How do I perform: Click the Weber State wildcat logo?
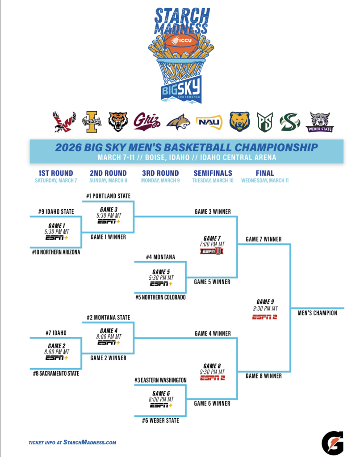coord(319,122)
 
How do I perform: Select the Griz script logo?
coord(146,121)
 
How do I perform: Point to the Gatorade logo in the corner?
coord(332,442)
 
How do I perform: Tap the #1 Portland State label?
coord(109,196)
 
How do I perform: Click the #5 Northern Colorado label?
coord(160,298)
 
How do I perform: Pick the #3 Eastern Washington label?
coord(160,380)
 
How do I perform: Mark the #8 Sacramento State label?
coord(56,373)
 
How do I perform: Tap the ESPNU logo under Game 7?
coord(211,251)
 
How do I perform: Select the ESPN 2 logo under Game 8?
coord(212,378)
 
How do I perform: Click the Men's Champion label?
coord(317,313)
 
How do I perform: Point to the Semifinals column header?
coord(213,173)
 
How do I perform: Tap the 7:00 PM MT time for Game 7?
coord(212,244)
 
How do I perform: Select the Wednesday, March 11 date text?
coord(265,181)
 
